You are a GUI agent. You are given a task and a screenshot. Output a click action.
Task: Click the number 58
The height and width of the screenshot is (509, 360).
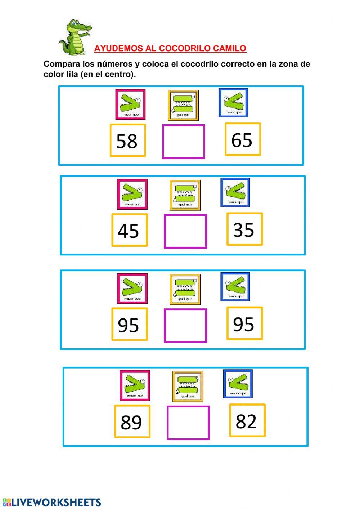(127, 140)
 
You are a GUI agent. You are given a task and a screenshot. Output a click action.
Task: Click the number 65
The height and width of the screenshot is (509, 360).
(242, 139)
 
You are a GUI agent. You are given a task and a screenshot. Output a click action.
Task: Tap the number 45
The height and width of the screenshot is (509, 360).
(129, 230)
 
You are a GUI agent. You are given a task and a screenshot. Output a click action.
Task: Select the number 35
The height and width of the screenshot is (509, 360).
(244, 229)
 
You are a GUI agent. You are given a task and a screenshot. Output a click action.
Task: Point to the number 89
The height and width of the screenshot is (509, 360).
(132, 421)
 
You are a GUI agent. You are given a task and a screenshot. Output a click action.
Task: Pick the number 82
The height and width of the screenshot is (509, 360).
(247, 420)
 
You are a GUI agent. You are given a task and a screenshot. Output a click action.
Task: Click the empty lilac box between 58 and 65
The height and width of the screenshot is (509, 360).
(184, 142)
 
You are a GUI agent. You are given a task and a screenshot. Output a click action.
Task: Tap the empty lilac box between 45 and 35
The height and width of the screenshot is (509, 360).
(185, 231)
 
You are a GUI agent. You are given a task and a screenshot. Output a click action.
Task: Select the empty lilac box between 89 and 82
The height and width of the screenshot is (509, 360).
(188, 423)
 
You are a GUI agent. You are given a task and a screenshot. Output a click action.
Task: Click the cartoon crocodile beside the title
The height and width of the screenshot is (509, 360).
(75, 37)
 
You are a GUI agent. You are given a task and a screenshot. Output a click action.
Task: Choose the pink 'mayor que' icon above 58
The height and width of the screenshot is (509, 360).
(130, 104)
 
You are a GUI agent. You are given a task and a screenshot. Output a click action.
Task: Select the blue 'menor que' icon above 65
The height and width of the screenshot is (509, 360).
(233, 103)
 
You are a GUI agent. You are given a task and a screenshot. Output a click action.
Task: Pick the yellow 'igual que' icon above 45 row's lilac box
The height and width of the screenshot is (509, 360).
(185, 195)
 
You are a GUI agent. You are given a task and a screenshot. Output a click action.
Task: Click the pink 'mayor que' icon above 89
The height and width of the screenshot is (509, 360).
(135, 385)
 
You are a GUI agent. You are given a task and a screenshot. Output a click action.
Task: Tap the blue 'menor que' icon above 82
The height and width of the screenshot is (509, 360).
(238, 384)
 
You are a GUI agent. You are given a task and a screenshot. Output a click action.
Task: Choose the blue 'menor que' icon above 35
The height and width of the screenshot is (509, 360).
(235, 192)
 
